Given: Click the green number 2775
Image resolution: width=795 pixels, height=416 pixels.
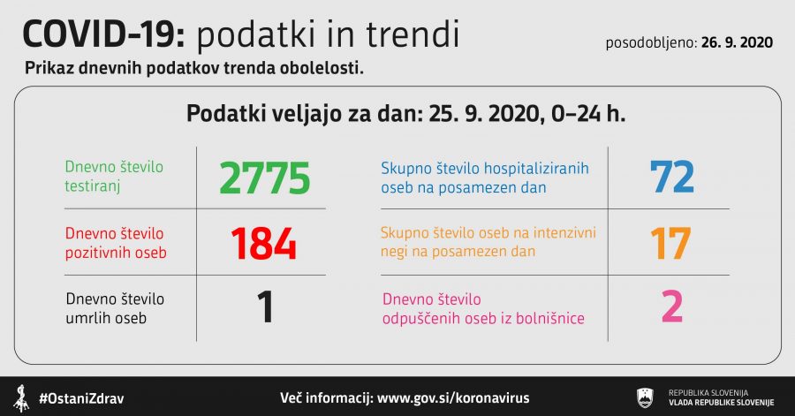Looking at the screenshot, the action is click(264, 178).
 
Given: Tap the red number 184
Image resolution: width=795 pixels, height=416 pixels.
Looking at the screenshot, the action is click(263, 243).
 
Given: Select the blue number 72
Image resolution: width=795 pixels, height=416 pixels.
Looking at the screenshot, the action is click(672, 177).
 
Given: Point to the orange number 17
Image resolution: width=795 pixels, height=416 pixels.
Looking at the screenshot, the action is click(670, 243).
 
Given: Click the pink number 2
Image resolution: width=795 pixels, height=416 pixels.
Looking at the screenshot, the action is click(672, 306).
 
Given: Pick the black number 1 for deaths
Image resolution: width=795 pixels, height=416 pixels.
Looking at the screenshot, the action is click(265, 306).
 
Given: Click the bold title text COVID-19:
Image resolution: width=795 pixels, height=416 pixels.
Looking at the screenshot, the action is click(104, 34).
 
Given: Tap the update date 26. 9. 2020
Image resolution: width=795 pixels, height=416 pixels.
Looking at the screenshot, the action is click(737, 42).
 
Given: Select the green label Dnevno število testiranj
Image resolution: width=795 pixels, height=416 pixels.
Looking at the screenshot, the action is click(114, 177).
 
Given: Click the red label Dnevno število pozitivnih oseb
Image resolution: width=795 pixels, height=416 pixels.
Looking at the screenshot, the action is click(116, 243).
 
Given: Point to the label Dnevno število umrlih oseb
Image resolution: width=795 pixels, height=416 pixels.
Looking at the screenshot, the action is click(115, 308).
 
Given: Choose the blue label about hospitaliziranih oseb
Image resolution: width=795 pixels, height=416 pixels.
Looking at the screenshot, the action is click(485, 178).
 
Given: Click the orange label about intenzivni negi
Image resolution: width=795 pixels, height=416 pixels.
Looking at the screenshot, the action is click(488, 242).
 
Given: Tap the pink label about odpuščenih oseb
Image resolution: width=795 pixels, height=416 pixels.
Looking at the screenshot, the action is click(483, 308).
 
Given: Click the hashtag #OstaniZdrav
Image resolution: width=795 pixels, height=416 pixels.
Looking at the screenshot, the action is click(81, 398).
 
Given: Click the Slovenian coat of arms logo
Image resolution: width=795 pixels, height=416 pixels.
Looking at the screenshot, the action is click(645, 397).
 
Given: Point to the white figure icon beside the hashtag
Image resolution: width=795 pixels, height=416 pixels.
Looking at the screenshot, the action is click(21, 398).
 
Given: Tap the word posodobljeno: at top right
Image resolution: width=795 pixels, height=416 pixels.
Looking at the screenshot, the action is click(651, 43).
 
